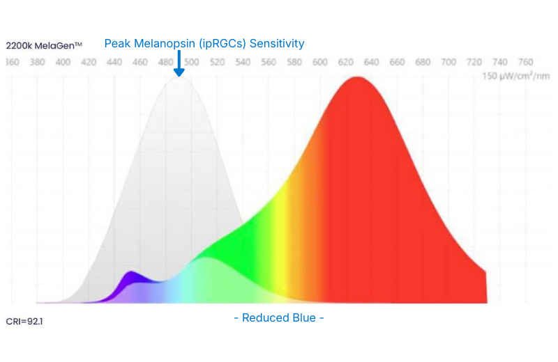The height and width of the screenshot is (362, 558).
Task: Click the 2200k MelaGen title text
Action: pos(44,45)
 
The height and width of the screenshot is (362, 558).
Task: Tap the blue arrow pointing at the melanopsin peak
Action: pos(179,64)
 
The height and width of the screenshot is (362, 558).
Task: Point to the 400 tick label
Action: pos(63,62)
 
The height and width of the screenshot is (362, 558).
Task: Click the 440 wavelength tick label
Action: pos(114,62)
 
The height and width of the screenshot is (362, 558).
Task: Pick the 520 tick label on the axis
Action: pos(217,62)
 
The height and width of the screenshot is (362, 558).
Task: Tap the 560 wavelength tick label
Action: pos(269,62)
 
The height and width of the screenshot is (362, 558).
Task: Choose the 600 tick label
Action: pos(320,62)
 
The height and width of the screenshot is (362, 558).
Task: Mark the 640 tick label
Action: pos(372,62)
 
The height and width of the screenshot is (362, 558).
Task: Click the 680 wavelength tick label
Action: pos(423,62)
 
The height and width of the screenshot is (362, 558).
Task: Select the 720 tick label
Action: pos(475,62)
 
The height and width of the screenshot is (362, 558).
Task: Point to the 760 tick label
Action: pos(526,62)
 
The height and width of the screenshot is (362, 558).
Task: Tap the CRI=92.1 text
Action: pos(24,322)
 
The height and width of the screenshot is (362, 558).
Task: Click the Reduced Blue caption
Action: pos(279,318)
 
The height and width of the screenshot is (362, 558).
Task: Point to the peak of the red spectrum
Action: pos(358,79)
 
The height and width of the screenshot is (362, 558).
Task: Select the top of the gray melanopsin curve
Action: pos(179,79)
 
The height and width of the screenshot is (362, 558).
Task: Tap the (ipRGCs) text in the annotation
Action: pos(223,44)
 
